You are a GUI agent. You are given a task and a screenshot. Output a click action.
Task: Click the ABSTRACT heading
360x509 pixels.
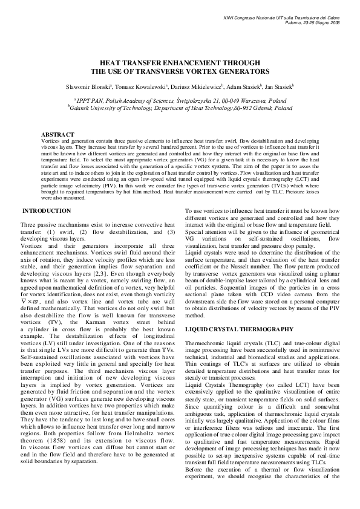(57, 133)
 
